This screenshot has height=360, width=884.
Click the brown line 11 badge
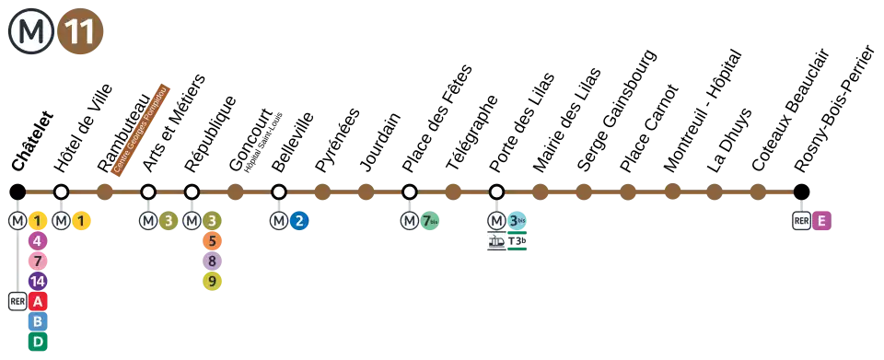pyautogui.click(x=80, y=32)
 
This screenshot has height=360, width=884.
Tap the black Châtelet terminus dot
pyautogui.click(x=18, y=192)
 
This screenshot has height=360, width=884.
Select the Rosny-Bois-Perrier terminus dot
pyautogui.click(x=801, y=192)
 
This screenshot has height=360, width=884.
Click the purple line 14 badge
pyautogui.click(x=38, y=281)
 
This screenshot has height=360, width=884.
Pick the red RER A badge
pyautogui.click(x=38, y=301)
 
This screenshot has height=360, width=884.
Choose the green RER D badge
pyautogui.click(x=38, y=342)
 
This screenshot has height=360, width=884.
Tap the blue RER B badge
pyautogui.click(x=38, y=321)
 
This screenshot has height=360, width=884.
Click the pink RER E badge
pyautogui.click(x=821, y=221)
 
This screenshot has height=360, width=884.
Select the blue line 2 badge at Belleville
pyautogui.click(x=299, y=221)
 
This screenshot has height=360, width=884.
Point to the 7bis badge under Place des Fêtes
pyautogui.click(x=430, y=221)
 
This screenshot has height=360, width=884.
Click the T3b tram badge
pyautogui.click(x=517, y=242)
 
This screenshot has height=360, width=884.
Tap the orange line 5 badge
pyautogui.click(x=212, y=241)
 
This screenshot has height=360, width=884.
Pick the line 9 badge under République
pyautogui.click(x=212, y=281)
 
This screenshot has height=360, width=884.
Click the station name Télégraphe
pyautogui.click(x=472, y=133)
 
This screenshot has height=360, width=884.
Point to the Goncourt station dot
pyautogui.click(x=235, y=192)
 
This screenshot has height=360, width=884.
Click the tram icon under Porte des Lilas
pyautogui.click(x=496, y=242)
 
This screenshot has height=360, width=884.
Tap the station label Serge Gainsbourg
pyautogui.click(x=617, y=110)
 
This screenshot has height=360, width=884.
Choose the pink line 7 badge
pyautogui.click(x=38, y=261)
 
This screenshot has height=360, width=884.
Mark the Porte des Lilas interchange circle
pyautogui.click(x=496, y=192)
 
